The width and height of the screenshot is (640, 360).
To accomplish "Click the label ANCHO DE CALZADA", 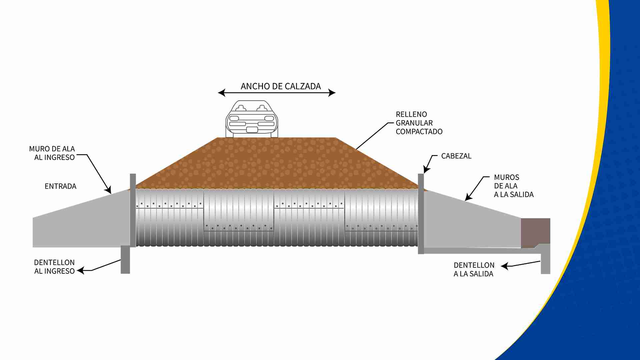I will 281,86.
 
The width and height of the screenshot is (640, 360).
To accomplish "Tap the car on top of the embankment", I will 252,119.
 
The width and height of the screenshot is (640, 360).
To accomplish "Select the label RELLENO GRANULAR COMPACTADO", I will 419,123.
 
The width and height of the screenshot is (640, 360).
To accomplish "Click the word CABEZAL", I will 456,156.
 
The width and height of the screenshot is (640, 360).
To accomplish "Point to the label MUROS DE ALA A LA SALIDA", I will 513,186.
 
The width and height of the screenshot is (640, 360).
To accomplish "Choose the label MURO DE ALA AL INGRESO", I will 53,153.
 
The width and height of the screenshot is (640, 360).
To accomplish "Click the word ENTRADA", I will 60,186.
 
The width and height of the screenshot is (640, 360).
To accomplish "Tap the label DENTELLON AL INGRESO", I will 54,267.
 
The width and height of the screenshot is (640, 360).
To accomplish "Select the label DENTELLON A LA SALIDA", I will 474,269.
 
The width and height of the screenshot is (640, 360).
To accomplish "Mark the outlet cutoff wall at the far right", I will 545,260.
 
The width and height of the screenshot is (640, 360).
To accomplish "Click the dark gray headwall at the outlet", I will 421,213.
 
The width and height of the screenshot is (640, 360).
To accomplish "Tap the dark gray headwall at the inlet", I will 133,210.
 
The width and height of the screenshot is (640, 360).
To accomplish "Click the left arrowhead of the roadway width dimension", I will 221,93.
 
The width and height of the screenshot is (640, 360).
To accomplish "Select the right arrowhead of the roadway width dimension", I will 332,93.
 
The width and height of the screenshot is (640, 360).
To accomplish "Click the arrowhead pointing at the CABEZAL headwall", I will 426,170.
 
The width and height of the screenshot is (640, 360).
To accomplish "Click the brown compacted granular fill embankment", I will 277,163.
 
